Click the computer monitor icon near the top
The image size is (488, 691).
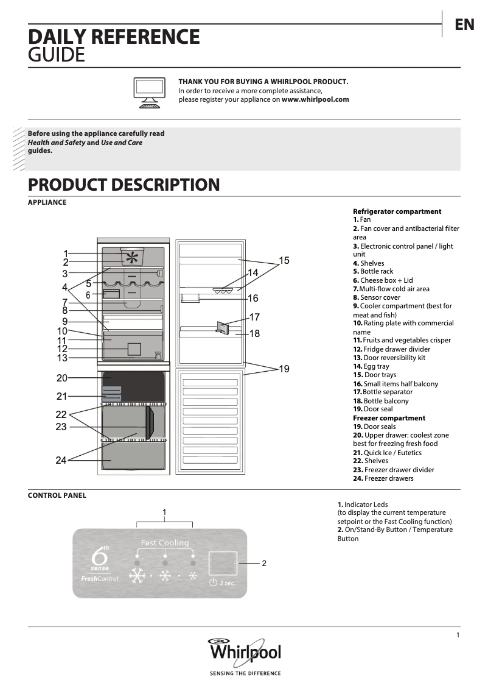point(149,92)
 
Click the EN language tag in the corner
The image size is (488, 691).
point(464,24)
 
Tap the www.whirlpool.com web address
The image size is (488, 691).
point(315,99)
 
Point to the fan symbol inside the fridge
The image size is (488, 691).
point(131,258)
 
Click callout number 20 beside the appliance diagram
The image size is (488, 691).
point(62,378)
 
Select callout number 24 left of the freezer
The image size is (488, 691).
point(61,460)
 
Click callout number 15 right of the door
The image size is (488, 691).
point(284,260)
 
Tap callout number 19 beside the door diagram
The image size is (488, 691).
point(284,369)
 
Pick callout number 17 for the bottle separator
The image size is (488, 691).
point(255,317)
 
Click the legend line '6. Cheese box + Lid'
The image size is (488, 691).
point(383,280)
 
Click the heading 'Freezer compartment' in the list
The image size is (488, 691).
point(389,418)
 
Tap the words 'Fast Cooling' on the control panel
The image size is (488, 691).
point(165,542)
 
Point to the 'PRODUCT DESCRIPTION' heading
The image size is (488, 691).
point(124,185)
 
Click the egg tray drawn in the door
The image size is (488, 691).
point(223,290)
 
